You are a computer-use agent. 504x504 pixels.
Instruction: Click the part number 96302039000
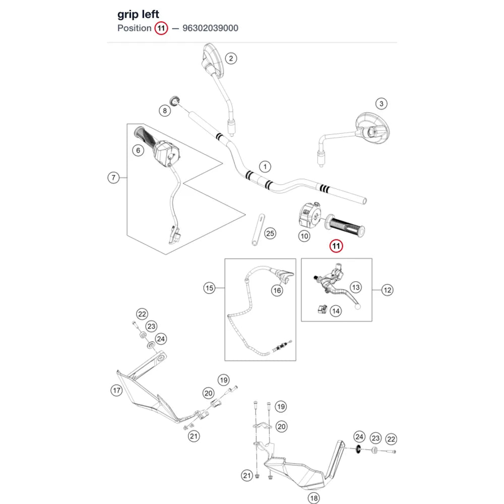210,28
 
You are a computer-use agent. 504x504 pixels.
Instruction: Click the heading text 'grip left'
138,14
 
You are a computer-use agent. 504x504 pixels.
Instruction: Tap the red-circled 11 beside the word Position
161,28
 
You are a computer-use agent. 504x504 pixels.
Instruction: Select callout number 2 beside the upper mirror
231,58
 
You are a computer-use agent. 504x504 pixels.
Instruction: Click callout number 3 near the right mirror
381,104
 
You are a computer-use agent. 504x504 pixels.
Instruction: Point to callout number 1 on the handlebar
265,167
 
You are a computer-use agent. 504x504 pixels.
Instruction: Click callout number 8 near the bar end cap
165,111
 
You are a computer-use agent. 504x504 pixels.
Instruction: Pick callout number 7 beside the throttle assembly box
113,177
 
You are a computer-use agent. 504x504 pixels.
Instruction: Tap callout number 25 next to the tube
270,234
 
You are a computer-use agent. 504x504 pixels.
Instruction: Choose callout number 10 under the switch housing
304,236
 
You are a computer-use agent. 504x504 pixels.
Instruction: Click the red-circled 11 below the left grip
336,246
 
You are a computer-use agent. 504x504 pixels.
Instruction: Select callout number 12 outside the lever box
387,290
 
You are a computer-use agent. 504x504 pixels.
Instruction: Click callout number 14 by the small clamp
336,311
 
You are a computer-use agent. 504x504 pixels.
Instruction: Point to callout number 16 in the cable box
277,291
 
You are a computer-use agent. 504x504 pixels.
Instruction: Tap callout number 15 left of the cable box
209,288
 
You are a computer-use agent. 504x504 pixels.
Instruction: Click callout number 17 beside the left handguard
117,391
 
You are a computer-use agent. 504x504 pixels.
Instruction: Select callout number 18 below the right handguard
313,498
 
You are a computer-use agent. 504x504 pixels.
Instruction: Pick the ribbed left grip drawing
345,225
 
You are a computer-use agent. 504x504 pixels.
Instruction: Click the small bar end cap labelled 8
174,100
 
